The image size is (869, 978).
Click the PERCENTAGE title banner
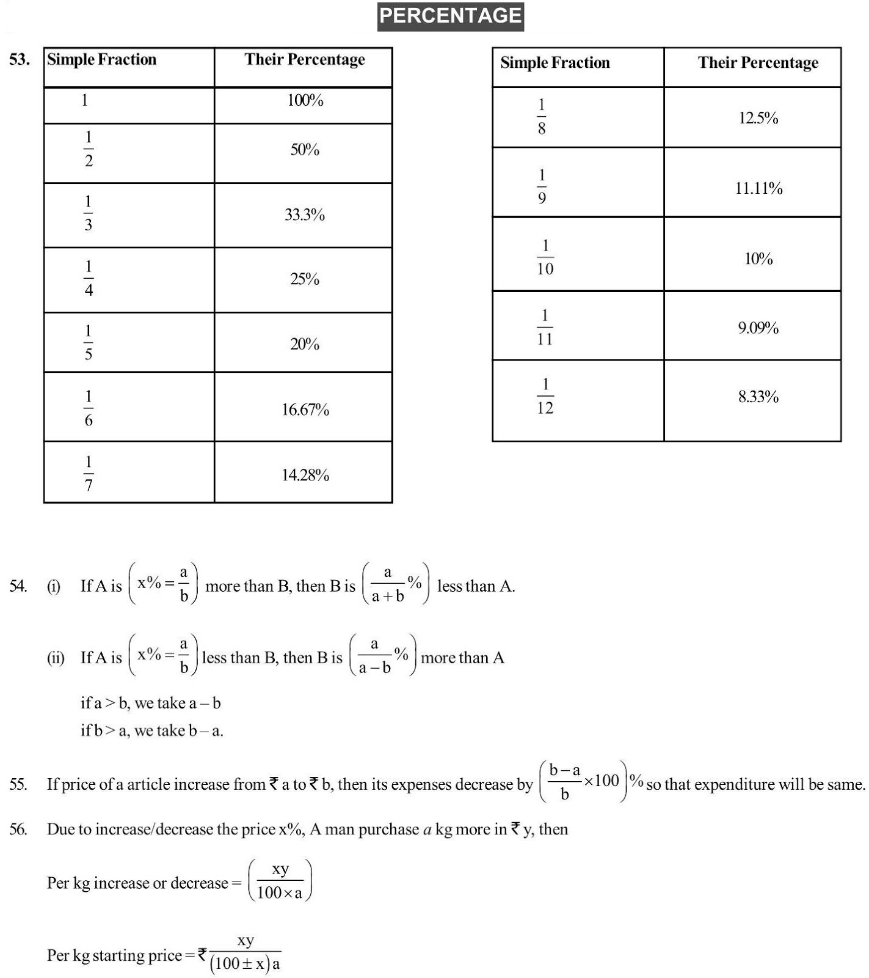click(x=450, y=16)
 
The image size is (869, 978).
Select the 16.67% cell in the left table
click(x=305, y=410)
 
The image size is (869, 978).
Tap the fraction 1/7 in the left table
click(x=89, y=473)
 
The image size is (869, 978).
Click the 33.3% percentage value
click(x=304, y=215)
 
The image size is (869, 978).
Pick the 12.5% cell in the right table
click(x=758, y=118)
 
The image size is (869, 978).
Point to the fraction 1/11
click(x=545, y=327)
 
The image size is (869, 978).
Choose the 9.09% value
click(x=758, y=328)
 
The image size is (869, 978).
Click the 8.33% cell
click(x=758, y=397)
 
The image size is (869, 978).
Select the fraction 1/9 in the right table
click(x=542, y=186)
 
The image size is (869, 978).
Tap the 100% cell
click(x=305, y=100)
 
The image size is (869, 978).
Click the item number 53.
click(x=20, y=59)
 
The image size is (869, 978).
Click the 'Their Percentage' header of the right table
click(x=758, y=63)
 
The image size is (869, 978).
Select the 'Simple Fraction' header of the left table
click(x=102, y=59)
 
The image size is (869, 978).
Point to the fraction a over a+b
click(x=388, y=584)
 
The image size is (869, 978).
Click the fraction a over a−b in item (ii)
click(x=374, y=656)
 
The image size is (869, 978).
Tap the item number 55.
click(x=18, y=784)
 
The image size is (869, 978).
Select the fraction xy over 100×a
click(x=280, y=881)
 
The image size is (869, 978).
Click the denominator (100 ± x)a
click(x=245, y=964)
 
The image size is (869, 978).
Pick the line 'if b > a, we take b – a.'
click(x=152, y=730)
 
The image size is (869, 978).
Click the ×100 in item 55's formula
click(x=602, y=781)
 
